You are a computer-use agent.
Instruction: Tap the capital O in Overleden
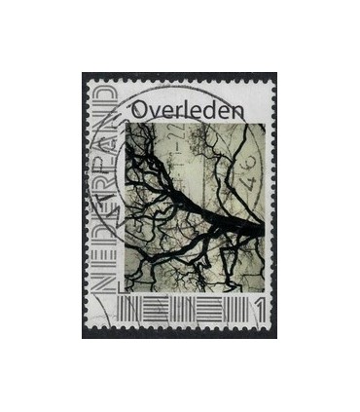[x=136, y=109]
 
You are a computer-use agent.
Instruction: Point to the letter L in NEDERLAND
[x=104, y=166]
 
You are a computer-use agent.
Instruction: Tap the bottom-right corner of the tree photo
[x=264, y=292]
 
